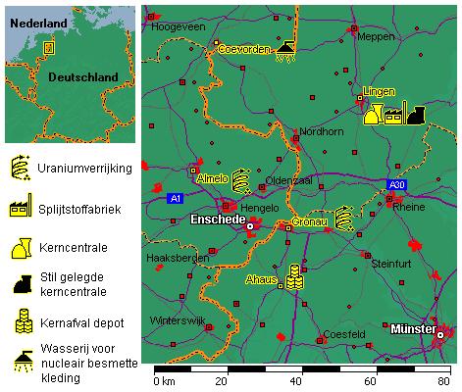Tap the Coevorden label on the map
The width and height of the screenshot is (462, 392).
click(x=243, y=49)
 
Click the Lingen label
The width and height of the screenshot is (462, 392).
click(x=379, y=92)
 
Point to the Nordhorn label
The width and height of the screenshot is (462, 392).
click(x=321, y=131)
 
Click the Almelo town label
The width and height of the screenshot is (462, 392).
click(x=213, y=178)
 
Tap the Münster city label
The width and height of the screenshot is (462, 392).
click(x=412, y=328)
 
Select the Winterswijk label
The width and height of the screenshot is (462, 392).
click(x=176, y=321)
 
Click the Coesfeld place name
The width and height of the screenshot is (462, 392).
click(x=348, y=334)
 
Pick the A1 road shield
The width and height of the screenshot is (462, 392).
click(x=175, y=199)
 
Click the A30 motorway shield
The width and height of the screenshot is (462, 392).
click(x=395, y=184)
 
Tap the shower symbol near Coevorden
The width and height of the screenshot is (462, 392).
click(x=285, y=50)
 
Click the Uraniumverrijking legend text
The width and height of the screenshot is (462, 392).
click(x=84, y=170)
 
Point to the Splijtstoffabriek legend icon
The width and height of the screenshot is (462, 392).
click(x=19, y=210)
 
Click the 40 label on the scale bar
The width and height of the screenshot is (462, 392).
click(x=296, y=381)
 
